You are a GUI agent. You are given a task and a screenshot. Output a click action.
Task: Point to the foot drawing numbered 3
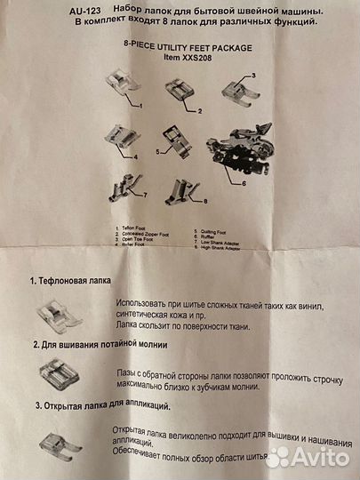click(239, 89)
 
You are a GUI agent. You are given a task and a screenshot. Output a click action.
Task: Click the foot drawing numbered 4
click(123, 137)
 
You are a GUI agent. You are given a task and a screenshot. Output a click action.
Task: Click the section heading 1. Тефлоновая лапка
click(72, 280)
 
